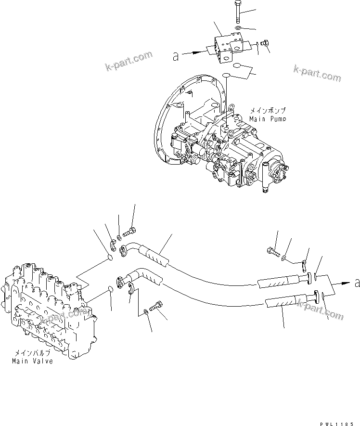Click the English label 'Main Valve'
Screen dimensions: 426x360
pyautogui.click(x=33, y=361)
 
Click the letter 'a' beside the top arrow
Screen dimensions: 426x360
pyautogui.click(x=176, y=57)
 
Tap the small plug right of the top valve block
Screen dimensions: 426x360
pyautogui.click(x=264, y=45)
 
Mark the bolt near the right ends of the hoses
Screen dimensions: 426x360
pyautogui.click(x=271, y=251)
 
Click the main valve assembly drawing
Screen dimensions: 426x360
pyautogui.click(x=48, y=313)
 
